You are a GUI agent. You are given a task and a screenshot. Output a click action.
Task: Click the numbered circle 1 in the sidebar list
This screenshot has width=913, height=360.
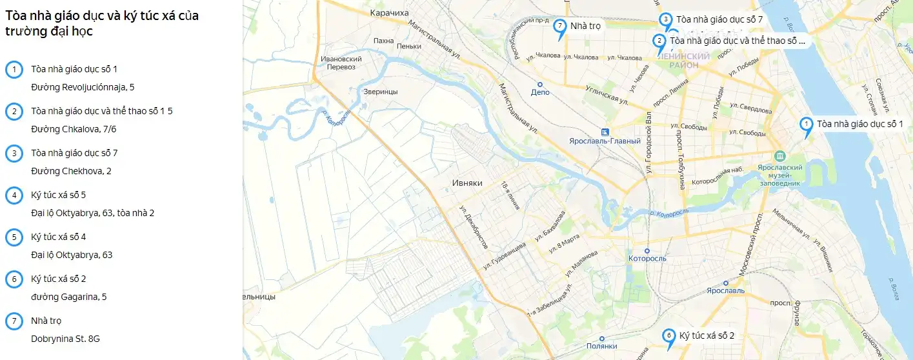pyautogui.click(x=14, y=70)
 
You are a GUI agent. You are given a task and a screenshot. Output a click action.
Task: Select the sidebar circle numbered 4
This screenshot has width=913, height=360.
pyautogui.click(x=14, y=195)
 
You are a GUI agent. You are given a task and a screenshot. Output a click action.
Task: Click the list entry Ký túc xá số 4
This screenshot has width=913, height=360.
pyautogui.click(x=59, y=237)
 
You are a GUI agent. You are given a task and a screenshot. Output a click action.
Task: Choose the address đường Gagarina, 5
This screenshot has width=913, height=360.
pyautogui.click(x=68, y=297)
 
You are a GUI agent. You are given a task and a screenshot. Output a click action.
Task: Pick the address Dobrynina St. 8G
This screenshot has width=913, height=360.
pyautogui.click(x=65, y=339)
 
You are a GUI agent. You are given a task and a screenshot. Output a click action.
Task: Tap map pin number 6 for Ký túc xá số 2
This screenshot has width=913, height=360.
pyautogui.click(x=668, y=336)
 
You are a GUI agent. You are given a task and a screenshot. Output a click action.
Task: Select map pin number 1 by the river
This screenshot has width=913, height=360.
pyautogui.click(x=805, y=125)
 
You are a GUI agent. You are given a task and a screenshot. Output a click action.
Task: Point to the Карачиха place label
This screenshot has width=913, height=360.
pyautogui.click(x=390, y=13)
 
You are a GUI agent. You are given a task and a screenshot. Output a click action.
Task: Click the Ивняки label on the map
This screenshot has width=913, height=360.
pyautogui.click(x=467, y=183)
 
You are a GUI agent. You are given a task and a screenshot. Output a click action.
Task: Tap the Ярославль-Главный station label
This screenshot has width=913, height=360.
pyautogui.click(x=605, y=141)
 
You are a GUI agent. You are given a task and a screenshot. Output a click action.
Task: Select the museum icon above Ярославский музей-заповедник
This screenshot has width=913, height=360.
pyautogui.click(x=779, y=156)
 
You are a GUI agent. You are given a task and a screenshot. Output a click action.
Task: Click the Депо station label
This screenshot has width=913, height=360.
pyautogui.click(x=540, y=92)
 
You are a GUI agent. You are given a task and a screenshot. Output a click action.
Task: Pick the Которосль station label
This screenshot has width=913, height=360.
pyautogui.click(x=647, y=259)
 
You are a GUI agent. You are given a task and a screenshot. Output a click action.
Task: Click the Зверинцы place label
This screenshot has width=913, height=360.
pyautogui.click(x=381, y=92)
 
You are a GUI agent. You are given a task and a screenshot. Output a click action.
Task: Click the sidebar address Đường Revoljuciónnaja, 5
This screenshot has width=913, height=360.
pyautogui.click(x=83, y=87)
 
